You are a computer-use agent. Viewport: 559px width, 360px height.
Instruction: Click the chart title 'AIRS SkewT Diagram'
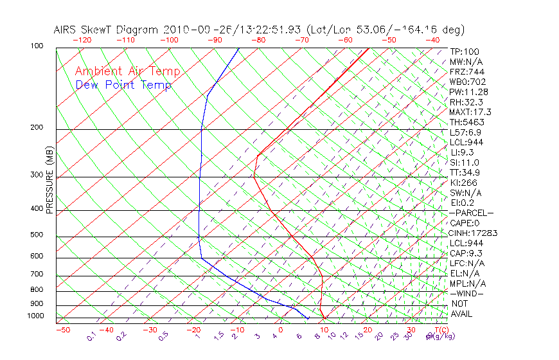[106, 30]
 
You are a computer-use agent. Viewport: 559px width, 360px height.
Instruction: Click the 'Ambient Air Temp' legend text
[127, 71]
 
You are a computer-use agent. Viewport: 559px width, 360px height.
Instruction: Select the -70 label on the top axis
[301, 40]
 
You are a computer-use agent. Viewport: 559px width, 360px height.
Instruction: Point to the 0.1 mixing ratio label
[92, 336]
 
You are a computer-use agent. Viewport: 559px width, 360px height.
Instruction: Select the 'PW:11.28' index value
[469, 92]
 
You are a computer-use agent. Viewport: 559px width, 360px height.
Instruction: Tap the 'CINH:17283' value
[474, 233]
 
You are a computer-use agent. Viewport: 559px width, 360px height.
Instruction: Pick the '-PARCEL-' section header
[472, 213]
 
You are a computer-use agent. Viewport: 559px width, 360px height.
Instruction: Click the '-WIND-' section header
[467, 294]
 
